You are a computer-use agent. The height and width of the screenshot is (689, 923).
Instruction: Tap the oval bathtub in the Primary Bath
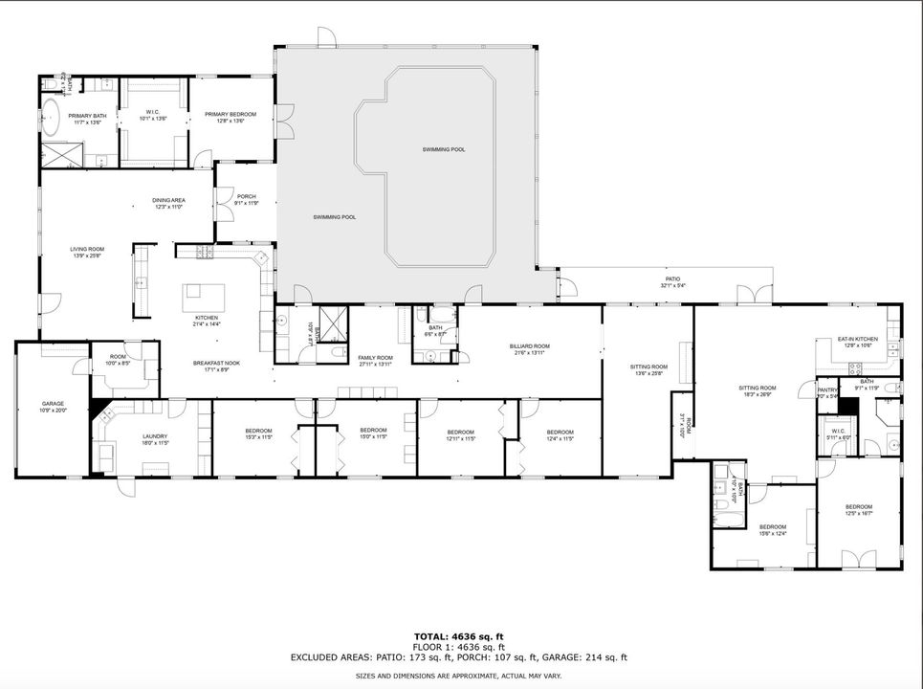coord(51,122)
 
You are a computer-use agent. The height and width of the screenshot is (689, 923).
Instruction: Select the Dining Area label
coord(168,203)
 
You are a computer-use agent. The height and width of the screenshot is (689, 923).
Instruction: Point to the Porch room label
coord(246,200)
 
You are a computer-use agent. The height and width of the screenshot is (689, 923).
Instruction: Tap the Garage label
coord(53,407)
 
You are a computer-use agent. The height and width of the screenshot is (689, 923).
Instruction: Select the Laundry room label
coord(128,439)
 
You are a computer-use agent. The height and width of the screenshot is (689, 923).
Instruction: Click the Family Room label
coord(376,361)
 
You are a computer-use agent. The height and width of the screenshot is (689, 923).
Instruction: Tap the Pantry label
coord(827,392)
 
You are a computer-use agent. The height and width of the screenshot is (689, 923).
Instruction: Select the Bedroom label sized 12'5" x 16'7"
coord(858,510)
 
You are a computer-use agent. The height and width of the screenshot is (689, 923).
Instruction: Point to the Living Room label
coord(86,253)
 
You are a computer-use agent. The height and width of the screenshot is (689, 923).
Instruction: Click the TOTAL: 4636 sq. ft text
coord(458,636)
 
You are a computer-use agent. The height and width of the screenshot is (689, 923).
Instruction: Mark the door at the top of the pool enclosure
coord(327,38)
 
